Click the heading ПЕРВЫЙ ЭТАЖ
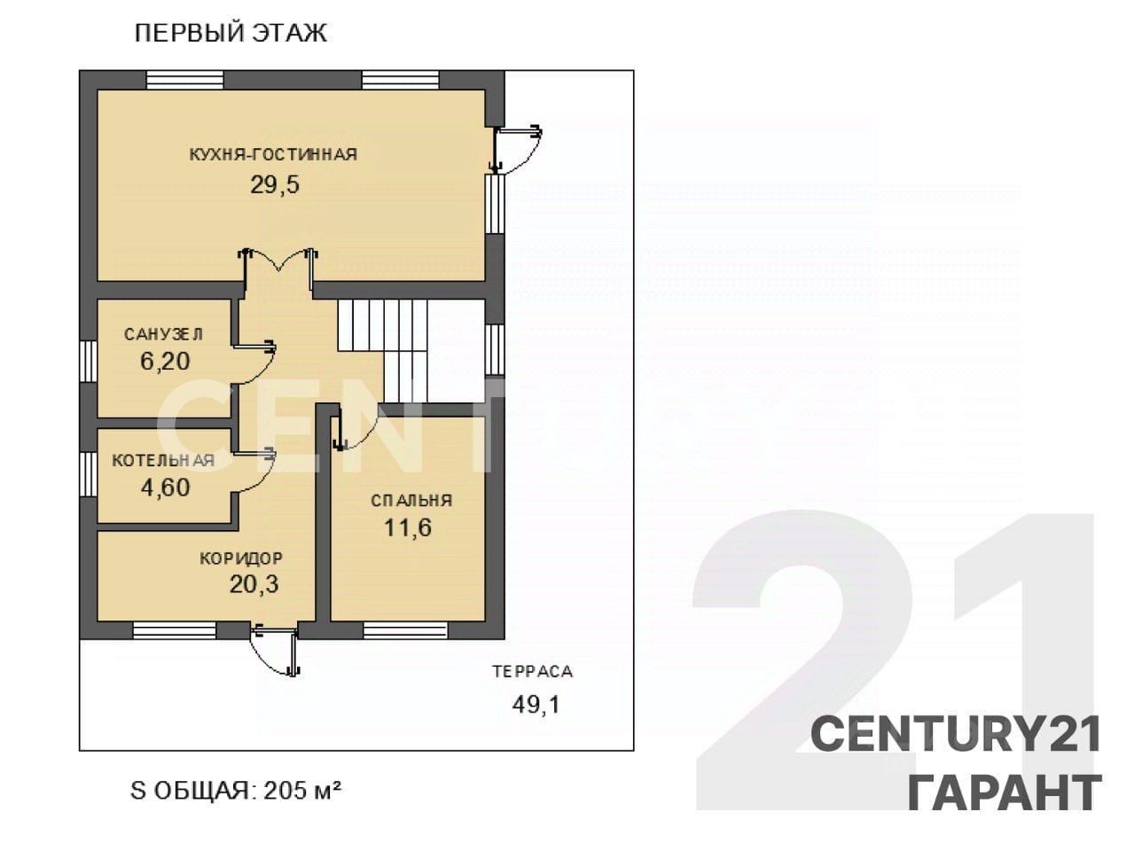click(x=231, y=33)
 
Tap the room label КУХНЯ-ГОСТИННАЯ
click(x=273, y=154)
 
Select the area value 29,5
click(x=275, y=184)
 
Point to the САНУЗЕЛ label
click(x=163, y=334)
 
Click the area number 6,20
click(x=165, y=361)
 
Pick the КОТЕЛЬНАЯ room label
click(x=163, y=460)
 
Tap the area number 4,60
click(x=166, y=488)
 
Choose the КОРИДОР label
click(x=241, y=558)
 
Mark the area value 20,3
click(x=254, y=584)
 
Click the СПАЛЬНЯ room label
click(x=411, y=500)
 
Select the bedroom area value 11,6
click(x=408, y=527)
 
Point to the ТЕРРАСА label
click(x=533, y=672)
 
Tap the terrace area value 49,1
click(x=536, y=704)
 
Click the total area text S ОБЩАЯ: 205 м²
click(x=236, y=791)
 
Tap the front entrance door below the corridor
click(x=276, y=650)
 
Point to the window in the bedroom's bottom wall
click(x=405, y=630)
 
